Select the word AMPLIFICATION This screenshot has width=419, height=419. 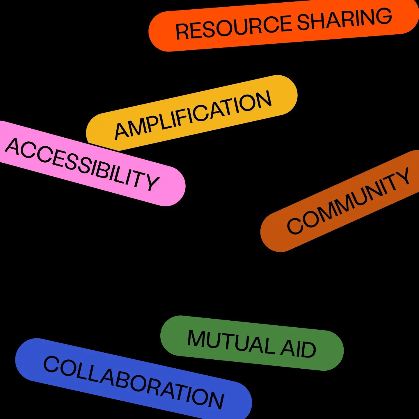193,115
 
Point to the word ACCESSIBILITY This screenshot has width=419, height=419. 82,164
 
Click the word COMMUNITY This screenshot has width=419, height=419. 348,201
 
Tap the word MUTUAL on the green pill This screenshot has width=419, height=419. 230,344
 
